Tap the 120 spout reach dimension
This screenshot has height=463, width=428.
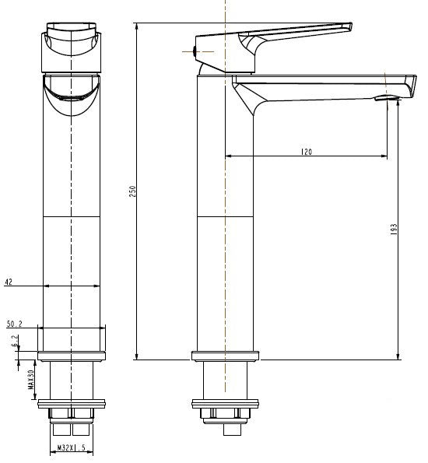tap(306, 152)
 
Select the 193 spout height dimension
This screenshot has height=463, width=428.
tap(394, 230)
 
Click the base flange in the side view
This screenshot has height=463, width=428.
tap(225, 356)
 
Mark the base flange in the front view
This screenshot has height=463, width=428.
tap(71, 356)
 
